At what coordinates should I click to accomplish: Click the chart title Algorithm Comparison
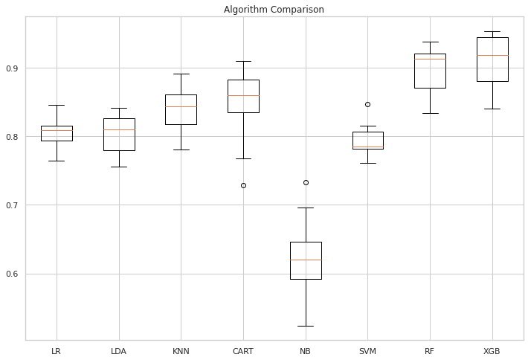click(x=274, y=10)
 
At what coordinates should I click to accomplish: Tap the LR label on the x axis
click(x=57, y=350)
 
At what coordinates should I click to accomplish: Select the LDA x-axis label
click(x=118, y=350)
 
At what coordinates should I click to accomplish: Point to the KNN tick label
click(x=181, y=350)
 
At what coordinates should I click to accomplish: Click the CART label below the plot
click(x=243, y=350)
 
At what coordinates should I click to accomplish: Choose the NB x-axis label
click(x=306, y=350)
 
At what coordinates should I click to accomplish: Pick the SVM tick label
click(x=367, y=350)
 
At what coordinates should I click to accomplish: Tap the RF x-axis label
click(x=430, y=350)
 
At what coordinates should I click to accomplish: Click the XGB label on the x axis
click(x=492, y=350)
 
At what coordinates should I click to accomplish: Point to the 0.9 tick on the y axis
click(x=13, y=68)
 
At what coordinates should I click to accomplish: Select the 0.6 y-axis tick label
click(x=13, y=274)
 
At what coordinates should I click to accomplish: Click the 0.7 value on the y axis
click(x=13, y=205)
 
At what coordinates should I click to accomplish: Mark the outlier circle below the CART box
click(x=243, y=185)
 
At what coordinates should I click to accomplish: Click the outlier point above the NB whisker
click(x=306, y=182)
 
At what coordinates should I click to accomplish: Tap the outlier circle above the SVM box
click(x=367, y=104)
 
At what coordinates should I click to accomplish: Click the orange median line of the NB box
click(x=306, y=260)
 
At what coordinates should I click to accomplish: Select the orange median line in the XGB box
click(x=492, y=55)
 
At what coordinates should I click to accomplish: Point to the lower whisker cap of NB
click(x=306, y=326)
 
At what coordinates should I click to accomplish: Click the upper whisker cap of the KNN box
click(x=181, y=74)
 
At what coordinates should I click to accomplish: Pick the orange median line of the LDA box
click(x=118, y=129)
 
